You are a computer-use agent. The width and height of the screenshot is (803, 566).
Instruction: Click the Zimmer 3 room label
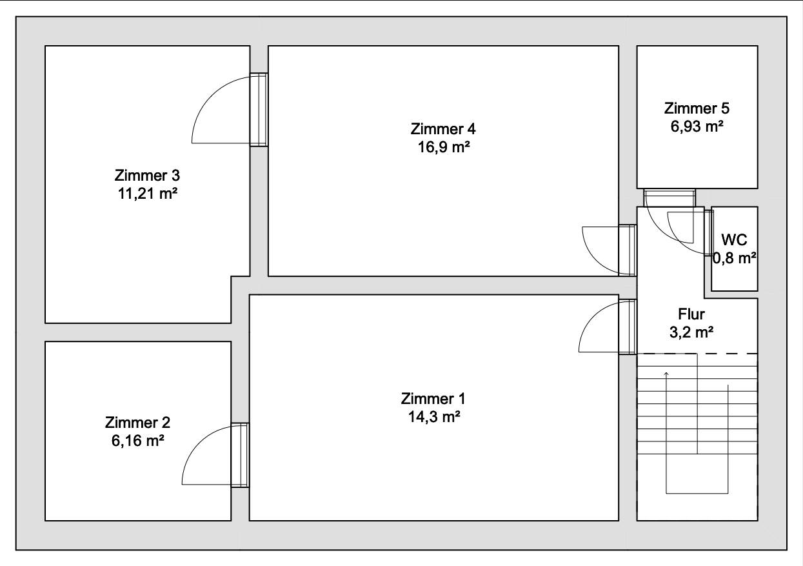147,176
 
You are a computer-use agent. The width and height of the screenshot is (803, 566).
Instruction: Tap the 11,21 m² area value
148,194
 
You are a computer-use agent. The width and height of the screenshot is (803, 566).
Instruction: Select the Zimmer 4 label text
443,129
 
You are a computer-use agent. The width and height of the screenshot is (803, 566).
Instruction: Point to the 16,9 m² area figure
444,147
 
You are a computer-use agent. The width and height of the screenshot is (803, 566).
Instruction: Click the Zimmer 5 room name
697,108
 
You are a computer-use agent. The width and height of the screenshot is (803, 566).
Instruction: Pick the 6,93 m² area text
697,126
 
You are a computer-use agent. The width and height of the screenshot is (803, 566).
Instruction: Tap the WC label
734,240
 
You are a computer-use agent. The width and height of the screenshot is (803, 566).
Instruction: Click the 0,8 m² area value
735,258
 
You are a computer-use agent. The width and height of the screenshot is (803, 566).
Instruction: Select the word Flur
691,314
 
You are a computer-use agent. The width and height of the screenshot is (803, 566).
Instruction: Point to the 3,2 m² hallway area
691,332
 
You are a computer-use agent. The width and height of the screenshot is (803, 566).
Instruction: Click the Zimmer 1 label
433,398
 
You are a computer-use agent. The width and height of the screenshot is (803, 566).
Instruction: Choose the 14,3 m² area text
434,417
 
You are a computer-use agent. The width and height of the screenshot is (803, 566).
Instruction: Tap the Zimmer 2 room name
137,423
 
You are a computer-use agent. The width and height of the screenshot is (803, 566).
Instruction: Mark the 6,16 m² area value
138,441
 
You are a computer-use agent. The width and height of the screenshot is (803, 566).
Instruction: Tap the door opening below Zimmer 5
669,198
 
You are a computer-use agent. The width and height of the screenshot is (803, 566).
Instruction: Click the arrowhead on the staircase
666,374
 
